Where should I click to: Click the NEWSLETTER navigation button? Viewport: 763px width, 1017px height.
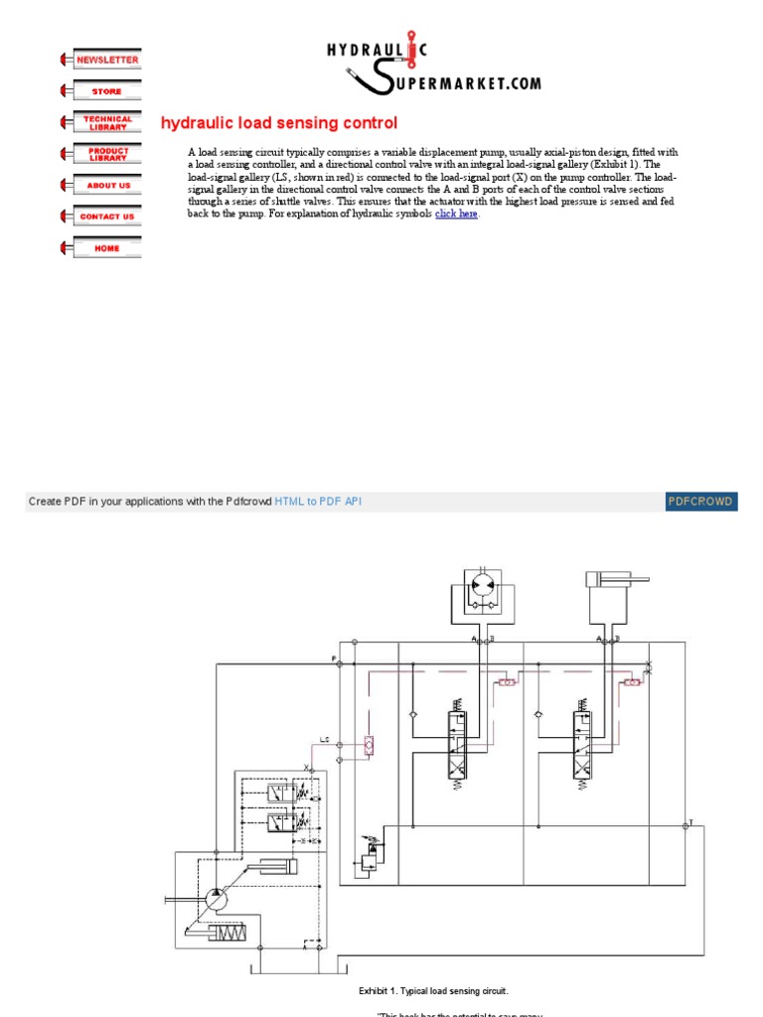tap(107, 60)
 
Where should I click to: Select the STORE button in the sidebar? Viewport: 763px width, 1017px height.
tap(107, 91)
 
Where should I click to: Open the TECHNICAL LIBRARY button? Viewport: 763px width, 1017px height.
tap(107, 122)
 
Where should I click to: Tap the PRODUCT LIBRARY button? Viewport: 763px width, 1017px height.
tap(107, 154)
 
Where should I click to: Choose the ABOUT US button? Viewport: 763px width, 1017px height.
tap(107, 185)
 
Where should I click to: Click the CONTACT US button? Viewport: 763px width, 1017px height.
tap(107, 217)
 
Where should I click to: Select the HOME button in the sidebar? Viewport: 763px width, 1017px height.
tap(107, 248)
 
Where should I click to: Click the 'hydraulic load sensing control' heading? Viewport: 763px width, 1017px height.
tap(279, 123)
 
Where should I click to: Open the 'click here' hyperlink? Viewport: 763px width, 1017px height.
tap(456, 214)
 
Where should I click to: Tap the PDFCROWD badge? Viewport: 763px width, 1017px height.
tap(701, 502)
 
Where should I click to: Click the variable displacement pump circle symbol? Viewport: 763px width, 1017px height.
tap(216, 897)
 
